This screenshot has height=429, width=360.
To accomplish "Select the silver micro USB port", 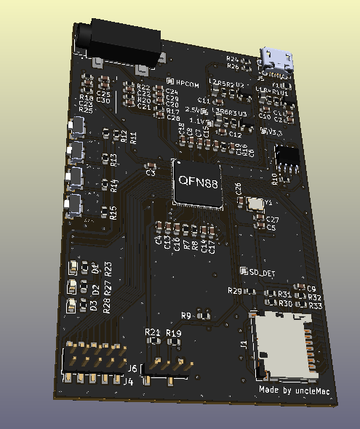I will pos(277,59).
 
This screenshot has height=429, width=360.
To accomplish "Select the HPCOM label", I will pos(186,84).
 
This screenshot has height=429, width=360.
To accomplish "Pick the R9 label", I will pos(185,316).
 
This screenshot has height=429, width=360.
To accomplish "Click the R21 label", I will pos(152,332).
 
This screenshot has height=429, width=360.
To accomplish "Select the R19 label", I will pos(174,332).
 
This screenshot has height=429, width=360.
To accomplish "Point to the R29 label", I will pos(234,291).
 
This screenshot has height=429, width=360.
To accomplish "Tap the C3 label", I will pos(151,173).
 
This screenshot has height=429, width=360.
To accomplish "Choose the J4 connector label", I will pos(127,381).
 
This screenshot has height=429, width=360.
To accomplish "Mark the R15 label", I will pos(113,212).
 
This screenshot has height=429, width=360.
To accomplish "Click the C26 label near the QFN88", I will pos(239,188).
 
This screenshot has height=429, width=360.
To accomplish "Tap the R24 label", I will pos(232,58).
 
